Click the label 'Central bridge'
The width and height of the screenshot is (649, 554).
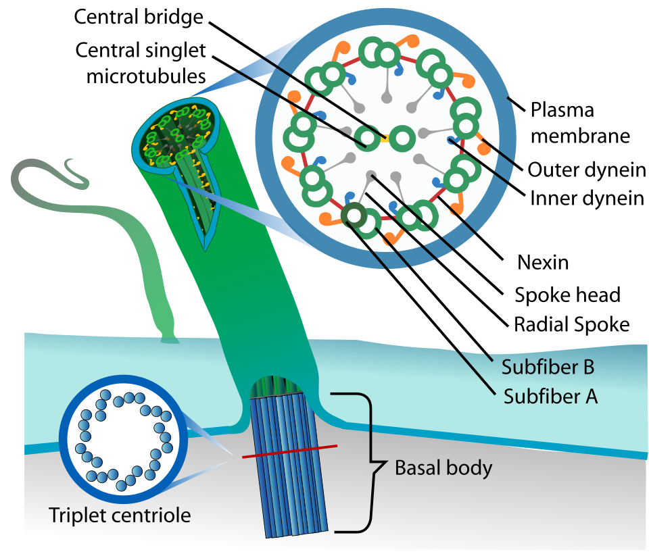pyautogui.click(x=139, y=16)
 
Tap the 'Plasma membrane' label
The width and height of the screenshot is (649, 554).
pyautogui.click(x=579, y=122)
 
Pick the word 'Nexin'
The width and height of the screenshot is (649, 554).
pyautogui.click(x=542, y=261)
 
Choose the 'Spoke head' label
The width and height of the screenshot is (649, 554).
pyautogui.click(x=567, y=295)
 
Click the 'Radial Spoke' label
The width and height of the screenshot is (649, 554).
pyautogui.click(x=571, y=324)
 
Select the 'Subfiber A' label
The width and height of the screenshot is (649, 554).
pyautogui.click(x=550, y=396)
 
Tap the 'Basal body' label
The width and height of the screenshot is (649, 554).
pyautogui.click(x=443, y=468)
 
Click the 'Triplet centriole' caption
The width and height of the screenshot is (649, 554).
pyautogui.click(x=120, y=515)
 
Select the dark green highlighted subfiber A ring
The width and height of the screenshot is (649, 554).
pyautogui.click(x=352, y=216)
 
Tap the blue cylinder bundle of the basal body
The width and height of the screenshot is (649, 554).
pyautogui.click(x=289, y=466)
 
